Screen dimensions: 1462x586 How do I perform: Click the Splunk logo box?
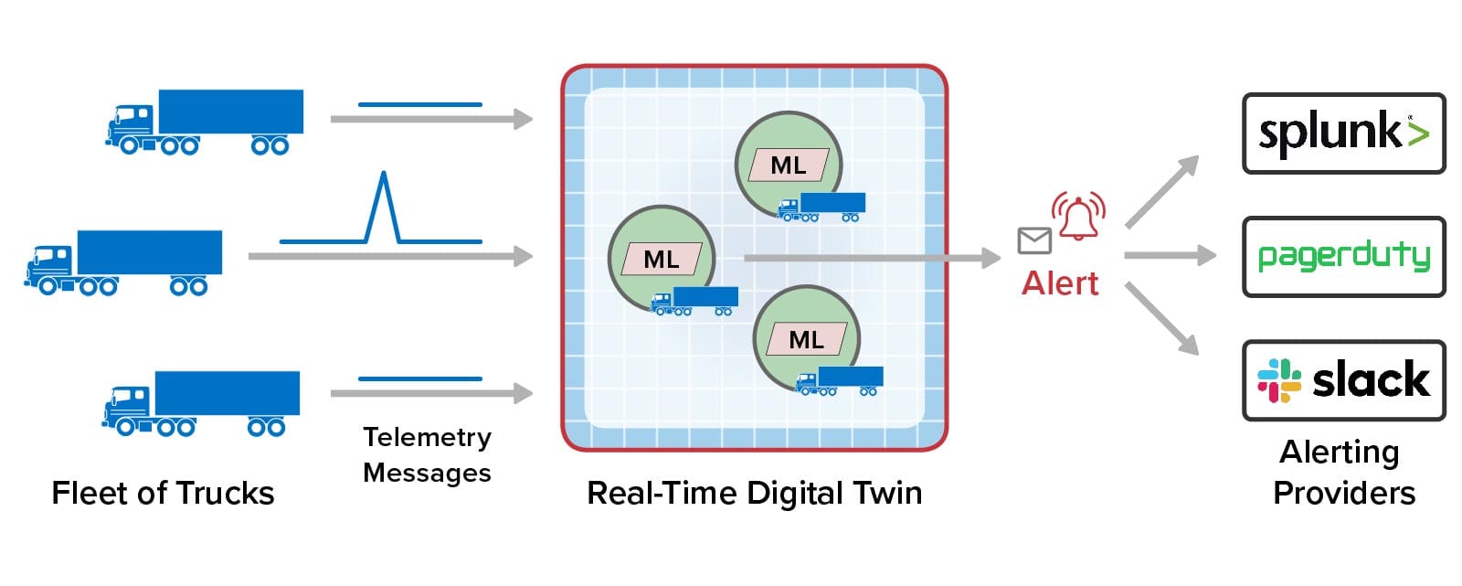[x=1344, y=133]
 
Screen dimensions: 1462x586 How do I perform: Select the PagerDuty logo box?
[x=1344, y=257]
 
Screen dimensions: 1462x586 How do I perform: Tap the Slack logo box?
[x=1344, y=380]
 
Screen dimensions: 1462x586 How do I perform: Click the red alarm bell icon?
[x=1078, y=217]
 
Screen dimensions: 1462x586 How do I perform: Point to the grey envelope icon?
[x=1034, y=240]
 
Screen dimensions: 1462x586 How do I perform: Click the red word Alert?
[x=1060, y=283]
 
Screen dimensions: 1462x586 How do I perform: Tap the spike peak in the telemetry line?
[x=384, y=173]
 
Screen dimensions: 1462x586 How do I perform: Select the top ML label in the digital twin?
[x=789, y=165]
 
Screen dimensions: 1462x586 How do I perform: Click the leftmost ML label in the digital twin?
[x=662, y=260]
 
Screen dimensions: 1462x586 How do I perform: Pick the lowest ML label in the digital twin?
[x=807, y=340]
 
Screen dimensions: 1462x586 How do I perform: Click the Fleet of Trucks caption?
[x=164, y=494]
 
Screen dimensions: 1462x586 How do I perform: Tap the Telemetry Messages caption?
[x=427, y=454]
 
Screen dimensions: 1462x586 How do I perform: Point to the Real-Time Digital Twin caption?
[x=755, y=494]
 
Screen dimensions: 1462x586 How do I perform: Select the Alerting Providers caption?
[x=1343, y=473]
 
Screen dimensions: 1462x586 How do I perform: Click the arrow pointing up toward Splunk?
[x=1162, y=191]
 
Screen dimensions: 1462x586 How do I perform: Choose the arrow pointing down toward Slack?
[x=1162, y=319]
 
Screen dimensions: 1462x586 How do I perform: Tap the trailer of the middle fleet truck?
[x=150, y=252]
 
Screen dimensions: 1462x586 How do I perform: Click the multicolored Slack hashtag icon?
[x=1279, y=381]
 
